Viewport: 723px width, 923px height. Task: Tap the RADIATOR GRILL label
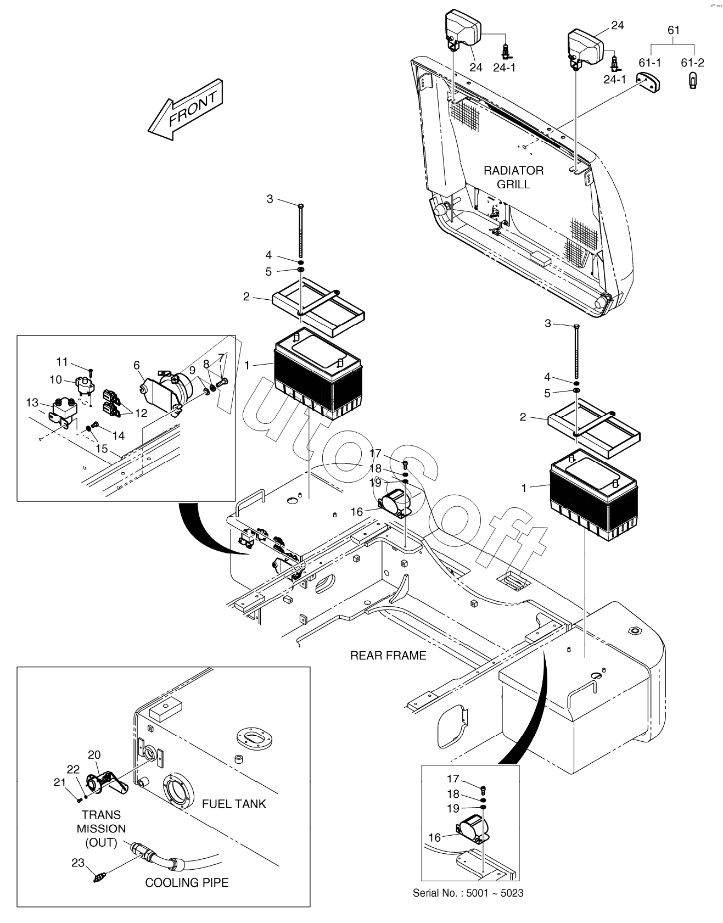pos(513,177)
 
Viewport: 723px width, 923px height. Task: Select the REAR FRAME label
pos(388,655)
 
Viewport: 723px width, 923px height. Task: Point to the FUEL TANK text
pos(234,803)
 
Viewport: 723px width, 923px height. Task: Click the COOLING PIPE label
pos(187,882)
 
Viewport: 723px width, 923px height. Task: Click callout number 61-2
pos(692,63)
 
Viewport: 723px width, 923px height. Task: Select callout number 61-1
pos(649,63)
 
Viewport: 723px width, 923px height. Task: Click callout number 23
pos(78,863)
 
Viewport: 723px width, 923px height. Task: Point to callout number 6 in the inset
pos(137,365)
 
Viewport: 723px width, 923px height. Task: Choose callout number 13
pos(32,403)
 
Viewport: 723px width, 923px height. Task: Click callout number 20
pos(94,755)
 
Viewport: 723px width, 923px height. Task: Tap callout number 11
pos(62,362)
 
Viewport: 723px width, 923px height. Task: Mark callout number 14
pos(119,435)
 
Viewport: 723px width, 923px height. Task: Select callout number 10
pos(56,379)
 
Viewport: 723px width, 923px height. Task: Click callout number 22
pos(73,769)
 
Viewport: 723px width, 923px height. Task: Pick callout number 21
pos(59,782)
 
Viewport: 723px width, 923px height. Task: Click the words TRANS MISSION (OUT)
pos(102,829)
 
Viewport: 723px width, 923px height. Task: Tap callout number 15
pos(102,449)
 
